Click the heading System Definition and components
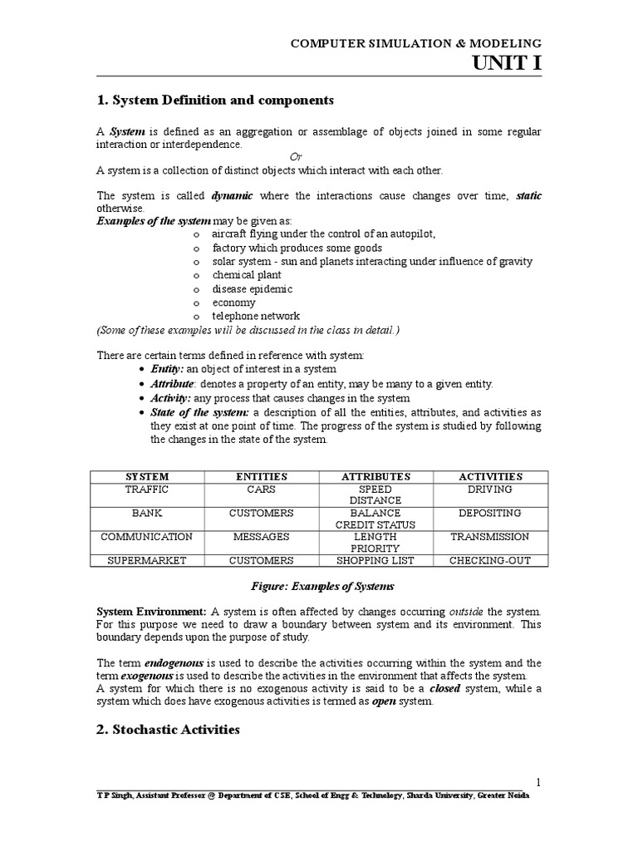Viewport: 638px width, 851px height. (215, 101)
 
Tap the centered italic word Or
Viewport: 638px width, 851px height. (295, 157)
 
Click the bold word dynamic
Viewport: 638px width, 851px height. (232, 195)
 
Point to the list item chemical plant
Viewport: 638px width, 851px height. (247, 275)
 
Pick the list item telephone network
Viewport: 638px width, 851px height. (256, 316)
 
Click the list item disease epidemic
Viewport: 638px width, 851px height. (252, 289)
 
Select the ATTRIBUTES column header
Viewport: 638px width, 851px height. (375, 476)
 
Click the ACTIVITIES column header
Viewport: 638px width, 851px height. (490, 476)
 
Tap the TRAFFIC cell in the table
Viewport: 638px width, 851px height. (147, 489)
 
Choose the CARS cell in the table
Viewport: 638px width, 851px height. (261, 489)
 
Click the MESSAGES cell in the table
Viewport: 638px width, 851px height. (261, 537)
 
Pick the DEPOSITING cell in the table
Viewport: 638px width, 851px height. (490, 513)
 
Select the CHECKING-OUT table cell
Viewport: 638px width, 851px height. (490, 560)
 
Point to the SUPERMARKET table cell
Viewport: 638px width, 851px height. (147, 560)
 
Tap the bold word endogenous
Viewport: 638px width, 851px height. (174, 663)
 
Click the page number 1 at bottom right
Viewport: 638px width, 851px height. (538, 783)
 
